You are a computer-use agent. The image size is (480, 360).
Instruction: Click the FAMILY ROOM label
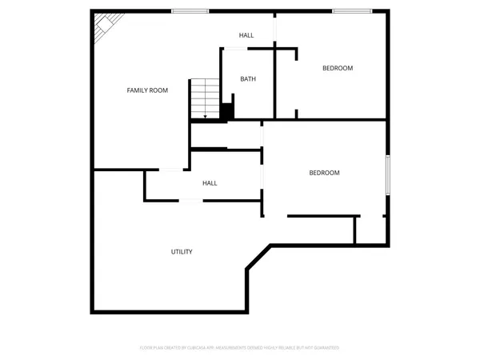pos(147,90)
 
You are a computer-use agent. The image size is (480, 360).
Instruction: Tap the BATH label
pos(248,79)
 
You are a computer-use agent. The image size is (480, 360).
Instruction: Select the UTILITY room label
pos(182,252)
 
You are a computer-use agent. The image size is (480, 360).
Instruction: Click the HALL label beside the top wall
pos(246,35)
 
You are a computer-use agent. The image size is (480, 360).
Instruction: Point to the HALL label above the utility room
pos(210,183)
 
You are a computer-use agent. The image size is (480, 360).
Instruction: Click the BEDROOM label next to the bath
pos(337,68)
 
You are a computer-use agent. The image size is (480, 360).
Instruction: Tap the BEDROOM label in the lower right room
pos(324,173)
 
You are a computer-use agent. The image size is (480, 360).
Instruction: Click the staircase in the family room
pos(205,98)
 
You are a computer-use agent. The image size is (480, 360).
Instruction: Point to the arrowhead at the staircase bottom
pos(206,118)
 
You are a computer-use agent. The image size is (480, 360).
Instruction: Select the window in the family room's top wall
pos(190,11)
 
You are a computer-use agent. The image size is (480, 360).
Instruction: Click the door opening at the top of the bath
pos(235,49)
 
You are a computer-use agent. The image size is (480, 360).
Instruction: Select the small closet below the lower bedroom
pos(370,230)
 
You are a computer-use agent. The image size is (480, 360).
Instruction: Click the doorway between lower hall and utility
pos(190,200)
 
